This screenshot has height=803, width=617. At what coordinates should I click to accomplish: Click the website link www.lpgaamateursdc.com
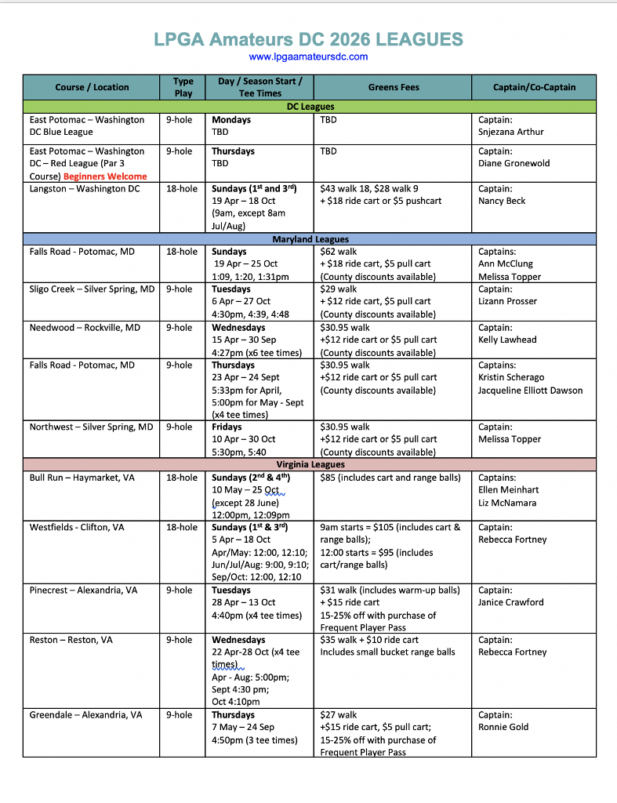coord(308,56)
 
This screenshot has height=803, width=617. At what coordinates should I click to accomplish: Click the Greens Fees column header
coord(393,87)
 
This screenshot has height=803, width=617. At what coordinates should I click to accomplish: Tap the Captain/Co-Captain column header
coord(534,87)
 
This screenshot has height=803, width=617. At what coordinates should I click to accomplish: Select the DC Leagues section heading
coord(309,107)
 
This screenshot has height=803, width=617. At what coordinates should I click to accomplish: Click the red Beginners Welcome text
coord(105,176)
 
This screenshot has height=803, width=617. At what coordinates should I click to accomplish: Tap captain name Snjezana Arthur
coord(511,133)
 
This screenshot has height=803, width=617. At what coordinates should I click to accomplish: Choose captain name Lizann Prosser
coord(508,302)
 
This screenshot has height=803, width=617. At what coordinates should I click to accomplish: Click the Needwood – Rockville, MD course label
coord(85,328)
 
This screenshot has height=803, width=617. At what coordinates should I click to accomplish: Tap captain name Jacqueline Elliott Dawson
coord(531,391)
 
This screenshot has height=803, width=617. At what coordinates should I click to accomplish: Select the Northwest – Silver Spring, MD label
coord(92,427)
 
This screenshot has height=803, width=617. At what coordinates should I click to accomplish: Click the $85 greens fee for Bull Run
coord(330,478)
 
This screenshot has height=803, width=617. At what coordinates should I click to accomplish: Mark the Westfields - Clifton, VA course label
coord(77,528)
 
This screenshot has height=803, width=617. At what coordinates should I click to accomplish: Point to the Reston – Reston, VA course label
coord(71,640)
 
